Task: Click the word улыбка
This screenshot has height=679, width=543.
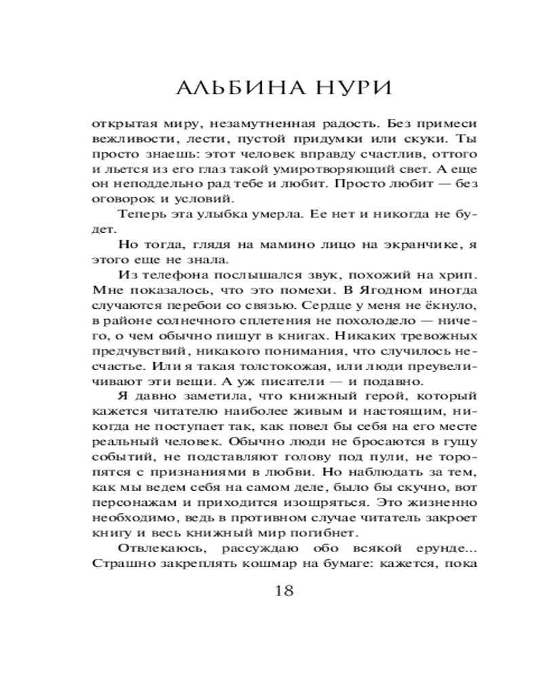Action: point(234,215)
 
